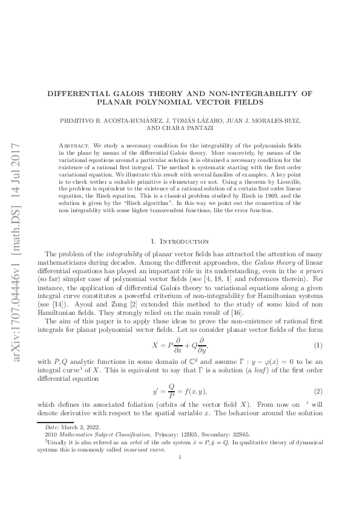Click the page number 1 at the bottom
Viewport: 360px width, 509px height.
[180, 457]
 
